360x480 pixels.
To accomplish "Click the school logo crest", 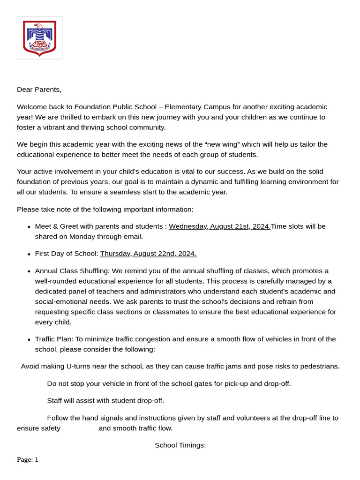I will coord(39,38).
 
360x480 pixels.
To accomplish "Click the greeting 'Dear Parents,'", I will coord(39,90).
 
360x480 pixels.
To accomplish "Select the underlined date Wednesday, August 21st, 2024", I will coord(219,226).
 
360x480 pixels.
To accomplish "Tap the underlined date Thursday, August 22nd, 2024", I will coord(148,254).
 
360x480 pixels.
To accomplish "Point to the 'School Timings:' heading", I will coord(180,445).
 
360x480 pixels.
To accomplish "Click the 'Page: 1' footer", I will coord(28,460).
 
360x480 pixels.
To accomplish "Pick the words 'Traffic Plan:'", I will coord(54,339).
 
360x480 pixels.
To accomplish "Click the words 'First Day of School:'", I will coord(67,254).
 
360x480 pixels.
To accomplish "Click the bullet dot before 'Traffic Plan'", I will coord(30,339).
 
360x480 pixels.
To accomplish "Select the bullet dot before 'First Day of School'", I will coord(30,254).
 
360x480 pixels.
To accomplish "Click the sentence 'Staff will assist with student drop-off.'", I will coord(105,401).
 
